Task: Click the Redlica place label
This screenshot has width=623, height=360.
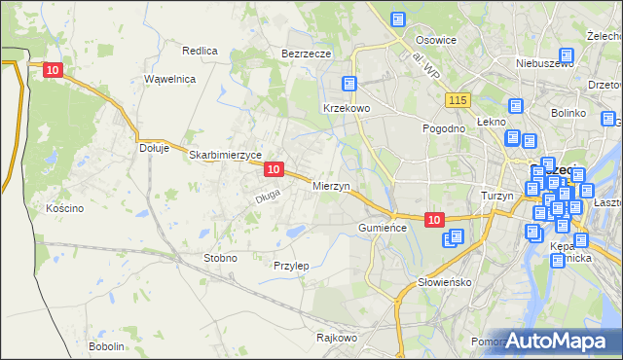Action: (x=200, y=50)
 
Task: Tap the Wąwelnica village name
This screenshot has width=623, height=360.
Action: (x=170, y=78)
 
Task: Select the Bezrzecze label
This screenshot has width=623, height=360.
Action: (x=307, y=54)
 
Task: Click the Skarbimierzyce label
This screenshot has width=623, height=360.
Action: (x=226, y=155)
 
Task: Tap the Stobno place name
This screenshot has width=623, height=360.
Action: (x=219, y=258)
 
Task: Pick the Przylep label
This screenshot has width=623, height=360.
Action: (x=291, y=266)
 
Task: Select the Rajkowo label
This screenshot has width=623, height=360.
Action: (x=337, y=339)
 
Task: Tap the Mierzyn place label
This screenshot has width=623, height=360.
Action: (x=331, y=185)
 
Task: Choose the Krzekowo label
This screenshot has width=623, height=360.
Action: (x=347, y=108)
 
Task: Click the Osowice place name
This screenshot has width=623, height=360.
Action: (x=436, y=40)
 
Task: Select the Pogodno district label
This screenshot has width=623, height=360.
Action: (x=442, y=128)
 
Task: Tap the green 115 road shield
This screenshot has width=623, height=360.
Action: (x=458, y=100)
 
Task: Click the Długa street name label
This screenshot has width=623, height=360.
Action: (x=268, y=198)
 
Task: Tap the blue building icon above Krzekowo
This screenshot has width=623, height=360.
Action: (x=350, y=85)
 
